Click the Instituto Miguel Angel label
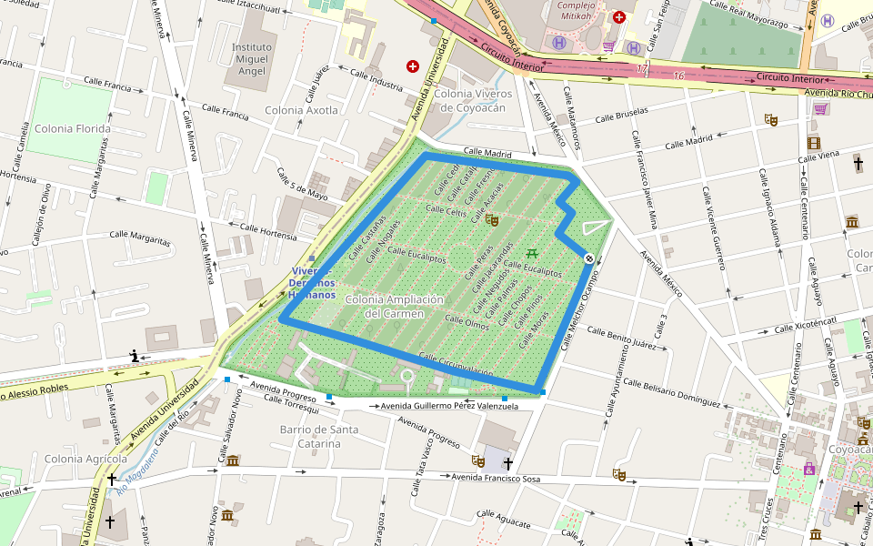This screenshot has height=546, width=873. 252,59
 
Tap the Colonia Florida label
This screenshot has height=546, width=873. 73,128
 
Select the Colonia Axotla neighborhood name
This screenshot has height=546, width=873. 301,110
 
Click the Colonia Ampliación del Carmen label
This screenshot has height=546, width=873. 394,306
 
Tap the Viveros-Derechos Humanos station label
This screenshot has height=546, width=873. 312,283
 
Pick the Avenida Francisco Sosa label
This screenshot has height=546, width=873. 496,478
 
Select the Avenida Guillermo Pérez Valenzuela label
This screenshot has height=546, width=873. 449,406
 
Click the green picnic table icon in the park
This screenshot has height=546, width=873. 532,252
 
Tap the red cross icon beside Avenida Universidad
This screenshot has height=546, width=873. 413,66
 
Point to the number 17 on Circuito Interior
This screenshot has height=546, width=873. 642,69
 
